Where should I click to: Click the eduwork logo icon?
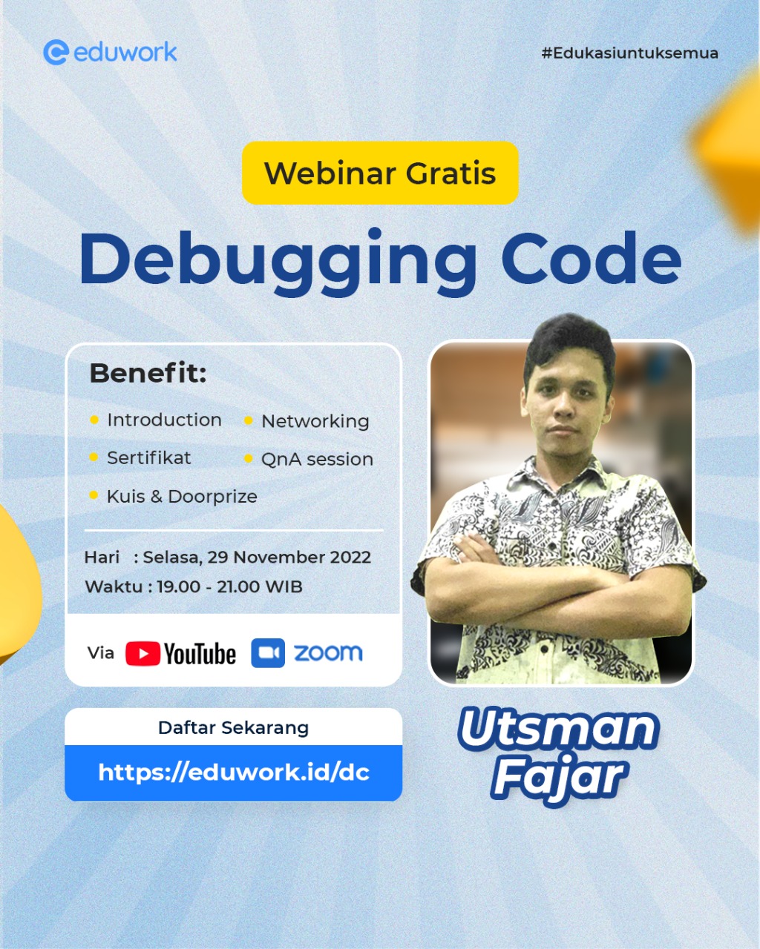tap(56, 52)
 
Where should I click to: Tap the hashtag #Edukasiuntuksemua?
tap(629, 53)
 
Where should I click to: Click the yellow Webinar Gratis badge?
tap(380, 173)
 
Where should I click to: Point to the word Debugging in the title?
tap(278, 259)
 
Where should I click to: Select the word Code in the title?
tap(591, 259)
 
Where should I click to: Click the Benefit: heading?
tap(148, 373)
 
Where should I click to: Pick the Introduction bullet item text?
tap(164, 420)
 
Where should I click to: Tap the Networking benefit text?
tap(315, 421)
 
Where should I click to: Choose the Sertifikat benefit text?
tap(148, 457)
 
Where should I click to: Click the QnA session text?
tap(317, 459)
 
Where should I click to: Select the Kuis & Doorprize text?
tap(182, 496)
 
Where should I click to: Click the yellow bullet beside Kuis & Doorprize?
tap(94, 495)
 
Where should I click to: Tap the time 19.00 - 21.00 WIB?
tap(229, 586)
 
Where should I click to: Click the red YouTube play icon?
tap(142, 653)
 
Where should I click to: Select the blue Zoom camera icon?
tap(268, 653)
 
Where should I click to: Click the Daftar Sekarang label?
tap(233, 727)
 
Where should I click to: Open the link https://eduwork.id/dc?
tap(233, 773)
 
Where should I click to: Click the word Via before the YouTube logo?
tap(101, 652)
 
